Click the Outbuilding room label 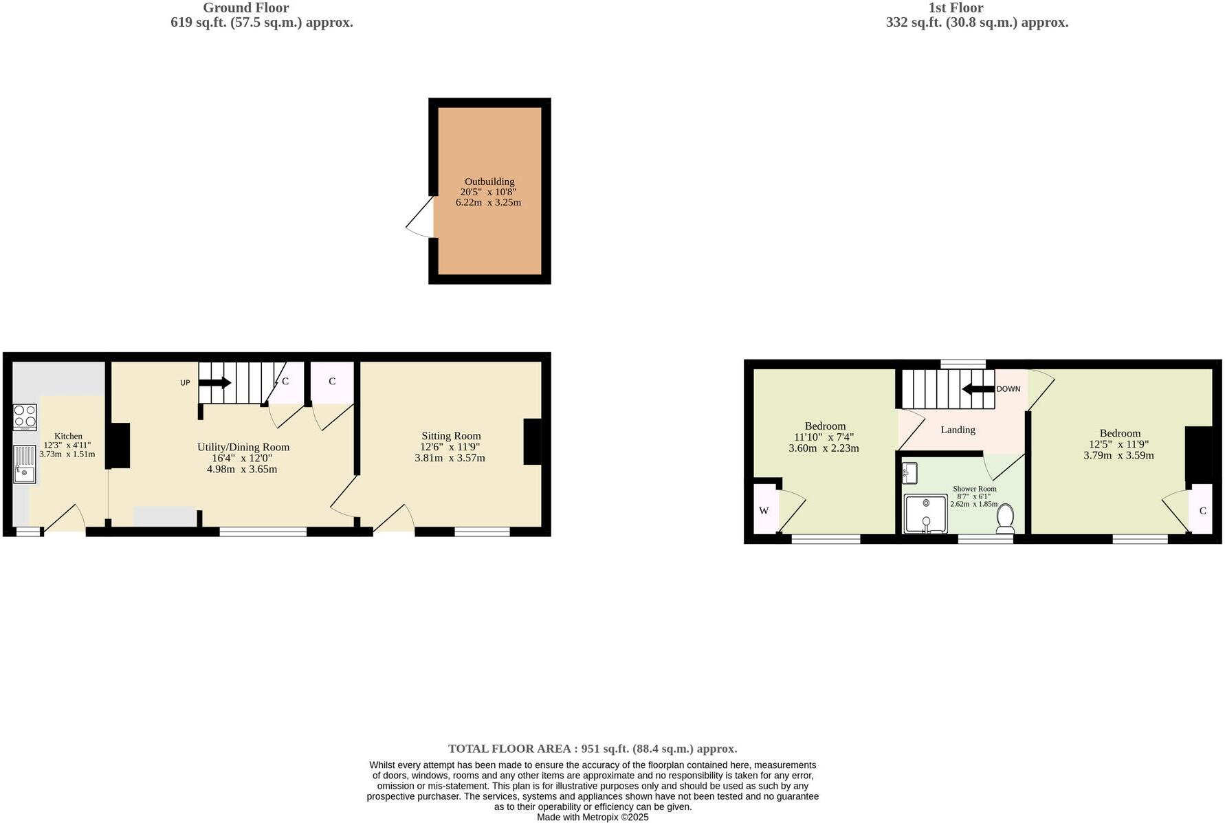pos(489,182)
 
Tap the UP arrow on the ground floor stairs pos(215,383)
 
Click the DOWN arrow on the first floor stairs pos(978,389)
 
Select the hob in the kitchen pos(25,417)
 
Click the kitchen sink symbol pos(25,464)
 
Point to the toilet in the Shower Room pos(1005,518)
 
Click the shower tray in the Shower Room pos(925,514)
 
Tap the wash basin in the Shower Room pos(909,473)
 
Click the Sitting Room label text pos(451,436)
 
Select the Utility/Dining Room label pos(243,447)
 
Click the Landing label pos(958,430)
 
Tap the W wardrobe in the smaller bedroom pos(764,510)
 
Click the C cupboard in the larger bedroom pos(1202,510)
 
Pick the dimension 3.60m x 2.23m pos(824,448)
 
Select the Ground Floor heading pos(245,8)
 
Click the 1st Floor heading pos(956,8)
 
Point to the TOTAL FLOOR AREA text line pos(593,749)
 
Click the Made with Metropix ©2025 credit pos(593,817)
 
